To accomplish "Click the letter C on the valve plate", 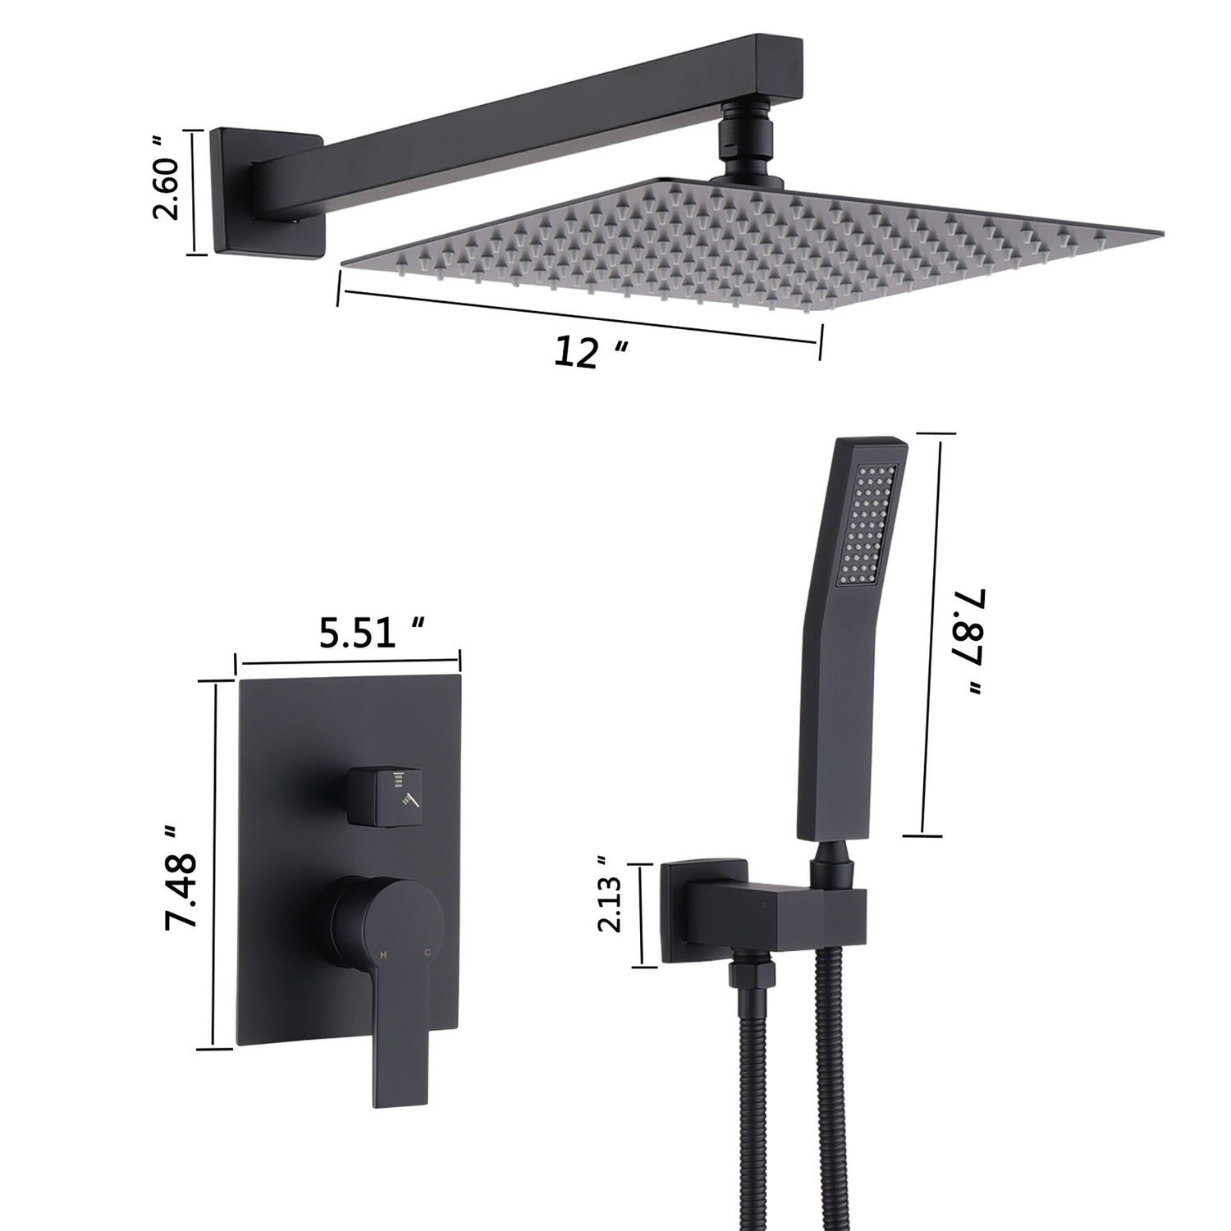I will [427, 954].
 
